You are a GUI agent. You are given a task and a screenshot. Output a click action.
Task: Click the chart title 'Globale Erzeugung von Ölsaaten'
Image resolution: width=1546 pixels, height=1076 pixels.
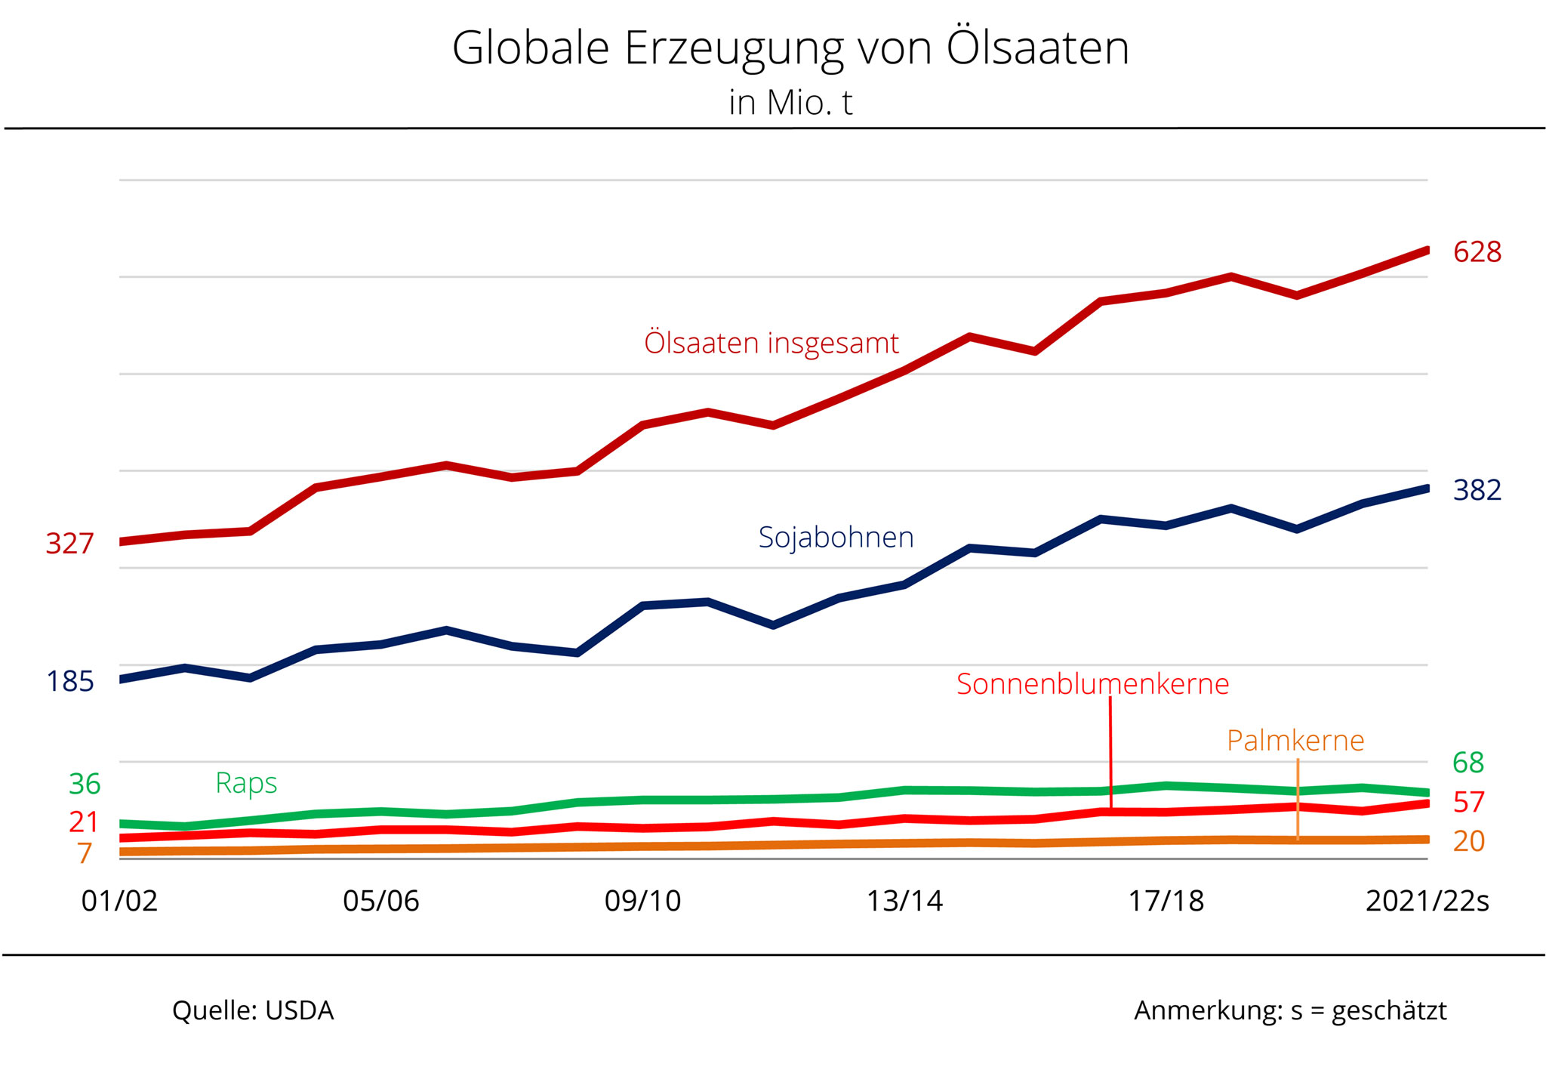(790, 48)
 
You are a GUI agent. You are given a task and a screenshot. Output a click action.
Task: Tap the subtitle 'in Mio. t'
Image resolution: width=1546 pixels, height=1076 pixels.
(790, 103)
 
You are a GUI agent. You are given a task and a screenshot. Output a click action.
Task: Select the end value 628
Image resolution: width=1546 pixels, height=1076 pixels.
(1477, 252)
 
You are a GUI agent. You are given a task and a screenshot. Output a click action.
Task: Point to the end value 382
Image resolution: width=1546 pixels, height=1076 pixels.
(1477, 491)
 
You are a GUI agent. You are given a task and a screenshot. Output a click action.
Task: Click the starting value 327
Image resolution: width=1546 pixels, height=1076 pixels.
(69, 544)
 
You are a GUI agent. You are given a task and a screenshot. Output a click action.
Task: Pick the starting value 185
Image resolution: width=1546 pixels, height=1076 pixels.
(69, 682)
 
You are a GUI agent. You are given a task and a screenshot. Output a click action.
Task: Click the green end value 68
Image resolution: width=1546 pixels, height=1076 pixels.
(1468, 763)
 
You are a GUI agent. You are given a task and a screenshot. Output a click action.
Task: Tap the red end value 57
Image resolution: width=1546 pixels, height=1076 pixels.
(1468, 803)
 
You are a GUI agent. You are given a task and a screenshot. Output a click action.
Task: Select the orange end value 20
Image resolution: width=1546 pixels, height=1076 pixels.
(1468, 841)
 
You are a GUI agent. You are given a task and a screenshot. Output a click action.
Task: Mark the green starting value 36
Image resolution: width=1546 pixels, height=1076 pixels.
(85, 785)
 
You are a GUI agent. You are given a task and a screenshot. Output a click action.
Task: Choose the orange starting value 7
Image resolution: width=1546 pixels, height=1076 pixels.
(85, 854)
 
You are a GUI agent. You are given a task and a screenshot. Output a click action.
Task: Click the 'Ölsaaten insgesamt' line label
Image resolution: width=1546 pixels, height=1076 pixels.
(771, 344)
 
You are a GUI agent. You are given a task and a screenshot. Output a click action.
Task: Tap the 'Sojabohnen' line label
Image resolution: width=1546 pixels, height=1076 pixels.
(836, 538)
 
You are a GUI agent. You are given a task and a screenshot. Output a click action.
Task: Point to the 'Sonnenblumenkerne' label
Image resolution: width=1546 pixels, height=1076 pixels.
(1092, 684)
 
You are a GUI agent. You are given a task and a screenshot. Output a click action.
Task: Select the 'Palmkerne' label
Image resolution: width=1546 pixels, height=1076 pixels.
(1295, 741)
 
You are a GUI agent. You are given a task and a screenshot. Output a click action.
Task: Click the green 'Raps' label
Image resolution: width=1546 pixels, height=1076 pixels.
(246, 783)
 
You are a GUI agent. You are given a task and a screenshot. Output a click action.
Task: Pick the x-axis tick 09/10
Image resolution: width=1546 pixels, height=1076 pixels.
(642, 902)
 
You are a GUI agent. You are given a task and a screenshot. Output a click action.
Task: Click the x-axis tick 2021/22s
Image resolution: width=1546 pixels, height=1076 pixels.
(1427, 902)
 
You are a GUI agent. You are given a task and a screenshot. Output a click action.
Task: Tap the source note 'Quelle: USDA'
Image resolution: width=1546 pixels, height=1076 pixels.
(253, 1011)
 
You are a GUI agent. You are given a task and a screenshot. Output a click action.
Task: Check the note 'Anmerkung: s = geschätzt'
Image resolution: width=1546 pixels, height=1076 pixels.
(1289, 1011)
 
